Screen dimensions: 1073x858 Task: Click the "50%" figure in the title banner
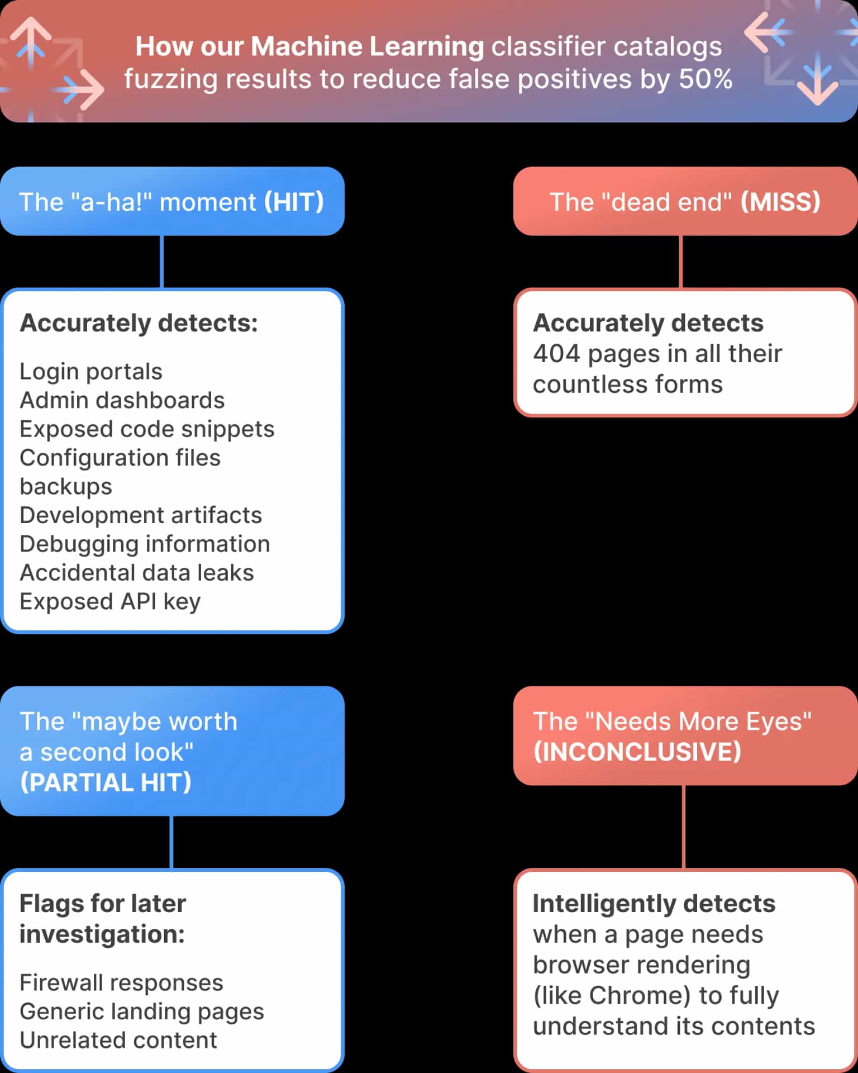point(706,79)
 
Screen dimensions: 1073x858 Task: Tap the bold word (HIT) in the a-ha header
point(294,202)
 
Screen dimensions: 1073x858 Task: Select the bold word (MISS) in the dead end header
point(780,202)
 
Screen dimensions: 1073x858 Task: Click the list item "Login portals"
point(91,372)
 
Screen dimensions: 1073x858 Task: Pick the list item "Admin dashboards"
point(122,400)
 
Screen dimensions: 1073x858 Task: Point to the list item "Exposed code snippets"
point(147,429)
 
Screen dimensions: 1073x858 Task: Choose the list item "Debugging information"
point(145,544)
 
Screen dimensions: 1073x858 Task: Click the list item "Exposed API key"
point(110,601)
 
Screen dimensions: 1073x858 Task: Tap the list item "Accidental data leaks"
point(137,573)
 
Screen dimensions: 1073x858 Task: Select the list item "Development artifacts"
point(141,515)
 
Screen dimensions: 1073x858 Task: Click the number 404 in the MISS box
point(557,354)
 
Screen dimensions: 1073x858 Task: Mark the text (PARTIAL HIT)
point(106,782)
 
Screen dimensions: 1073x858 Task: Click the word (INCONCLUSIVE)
point(637,752)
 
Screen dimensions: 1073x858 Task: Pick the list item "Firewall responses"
point(121,982)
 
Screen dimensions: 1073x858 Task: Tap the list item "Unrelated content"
point(118,1040)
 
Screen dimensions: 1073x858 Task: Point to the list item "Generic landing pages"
point(142,1012)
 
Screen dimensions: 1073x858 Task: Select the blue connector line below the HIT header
point(162,262)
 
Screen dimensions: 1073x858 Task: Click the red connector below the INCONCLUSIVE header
point(684,827)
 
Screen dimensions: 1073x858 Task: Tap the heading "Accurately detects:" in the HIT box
point(139,323)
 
